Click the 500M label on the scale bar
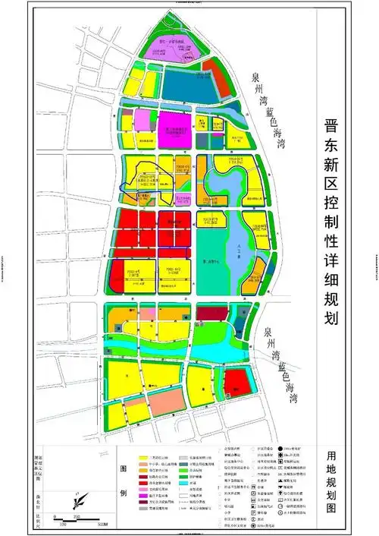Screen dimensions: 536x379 click(102, 523)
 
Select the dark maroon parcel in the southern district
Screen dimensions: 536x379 click(211, 313)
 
